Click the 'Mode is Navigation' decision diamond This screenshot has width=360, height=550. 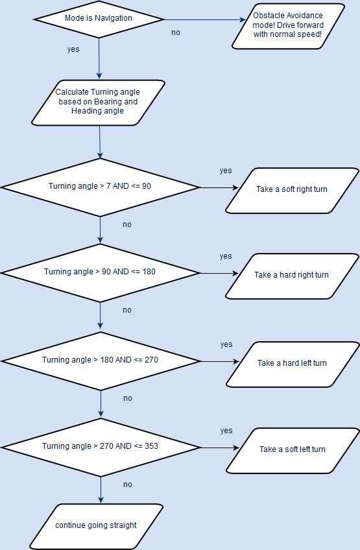[x=99, y=19]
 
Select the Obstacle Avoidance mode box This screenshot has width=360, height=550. [x=288, y=26]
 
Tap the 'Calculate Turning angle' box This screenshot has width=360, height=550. [x=98, y=102]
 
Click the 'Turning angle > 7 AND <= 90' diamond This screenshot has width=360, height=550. [x=101, y=187]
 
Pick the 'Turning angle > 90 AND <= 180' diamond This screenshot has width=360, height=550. [x=101, y=273]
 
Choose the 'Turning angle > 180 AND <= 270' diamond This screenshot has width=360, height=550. [x=101, y=361]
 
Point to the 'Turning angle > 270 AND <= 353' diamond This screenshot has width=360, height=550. [x=101, y=448]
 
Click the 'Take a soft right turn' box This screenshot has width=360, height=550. [x=292, y=191]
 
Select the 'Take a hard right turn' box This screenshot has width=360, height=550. [x=292, y=276]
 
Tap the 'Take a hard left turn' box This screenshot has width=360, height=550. [x=293, y=365]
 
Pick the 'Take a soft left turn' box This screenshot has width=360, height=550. [x=293, y=451]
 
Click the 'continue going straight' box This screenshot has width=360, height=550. [x=96, y=527]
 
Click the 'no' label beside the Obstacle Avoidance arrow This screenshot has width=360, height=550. [x=176, y=32]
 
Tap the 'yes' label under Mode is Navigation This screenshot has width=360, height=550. [x=73, y=49]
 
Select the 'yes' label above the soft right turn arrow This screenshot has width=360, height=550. [x=226, y=171]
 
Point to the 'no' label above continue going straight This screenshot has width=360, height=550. [x=128, y=484]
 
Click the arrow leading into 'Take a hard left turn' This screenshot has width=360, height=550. [x=220, y=361]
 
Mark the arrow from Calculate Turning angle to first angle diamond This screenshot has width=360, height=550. [x=100, y=142]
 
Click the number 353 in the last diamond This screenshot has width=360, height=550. [x=151, y=446]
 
